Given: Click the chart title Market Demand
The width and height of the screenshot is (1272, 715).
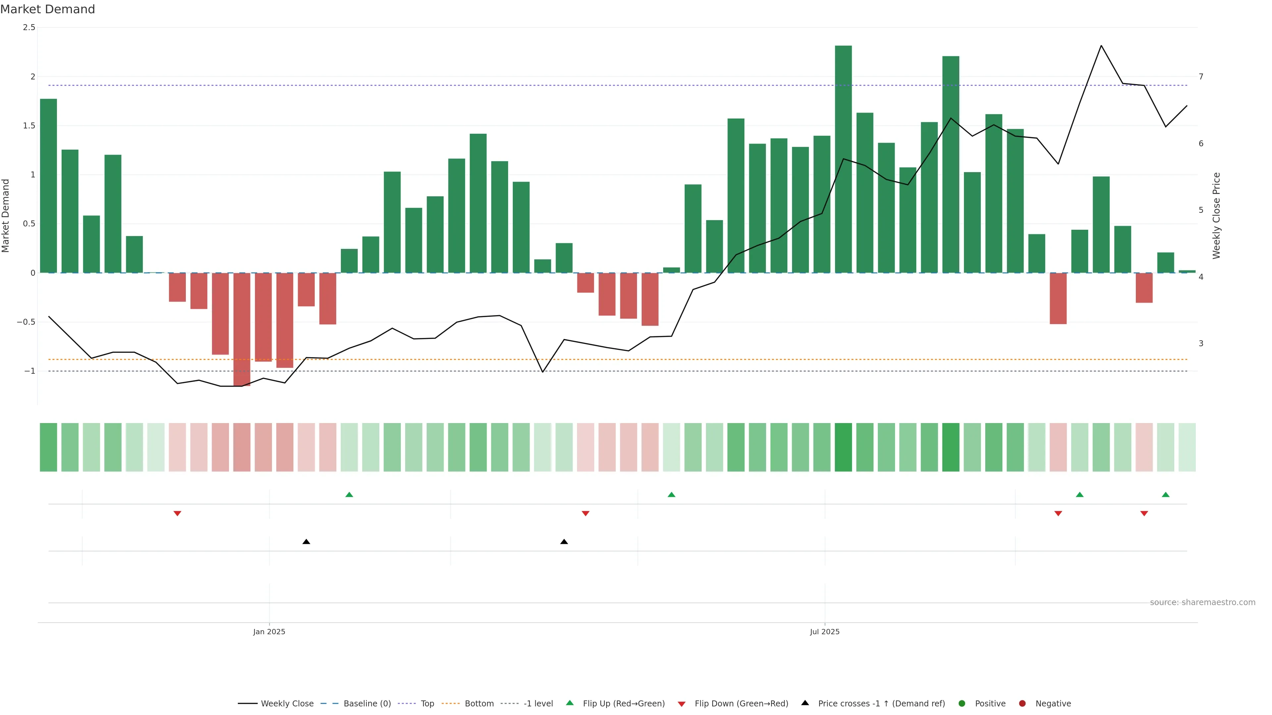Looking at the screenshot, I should [x=47, y=9].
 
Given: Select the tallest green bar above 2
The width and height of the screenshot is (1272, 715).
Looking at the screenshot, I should [x=843, y=158].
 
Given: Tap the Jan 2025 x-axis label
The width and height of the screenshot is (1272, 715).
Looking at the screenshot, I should [x=269, y=632].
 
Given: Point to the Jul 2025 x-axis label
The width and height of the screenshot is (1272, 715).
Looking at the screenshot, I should [x=824, y=632].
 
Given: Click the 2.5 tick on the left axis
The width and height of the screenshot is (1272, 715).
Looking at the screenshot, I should [x=29, y=27].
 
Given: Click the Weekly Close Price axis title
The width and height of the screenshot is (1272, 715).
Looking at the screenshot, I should [x=1216, y=215].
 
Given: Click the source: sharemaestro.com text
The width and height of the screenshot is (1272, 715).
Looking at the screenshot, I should [x=1202, y=602].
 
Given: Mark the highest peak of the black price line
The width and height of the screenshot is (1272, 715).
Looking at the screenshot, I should [x=1101, y=46].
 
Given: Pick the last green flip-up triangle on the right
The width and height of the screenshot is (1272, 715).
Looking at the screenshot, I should [x=1165, y=495].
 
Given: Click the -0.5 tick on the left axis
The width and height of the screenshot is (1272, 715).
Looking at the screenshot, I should [x=26, y=322].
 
